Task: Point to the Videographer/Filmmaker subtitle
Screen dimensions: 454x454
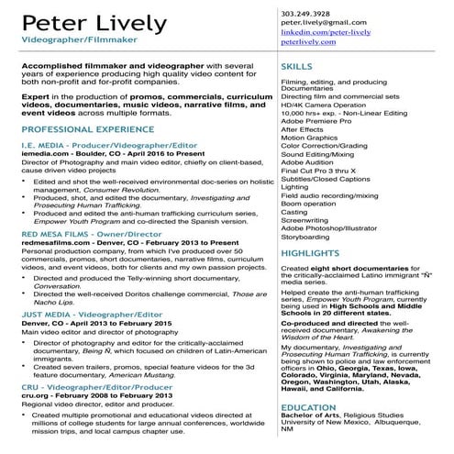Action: click(x=68, y=42)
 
